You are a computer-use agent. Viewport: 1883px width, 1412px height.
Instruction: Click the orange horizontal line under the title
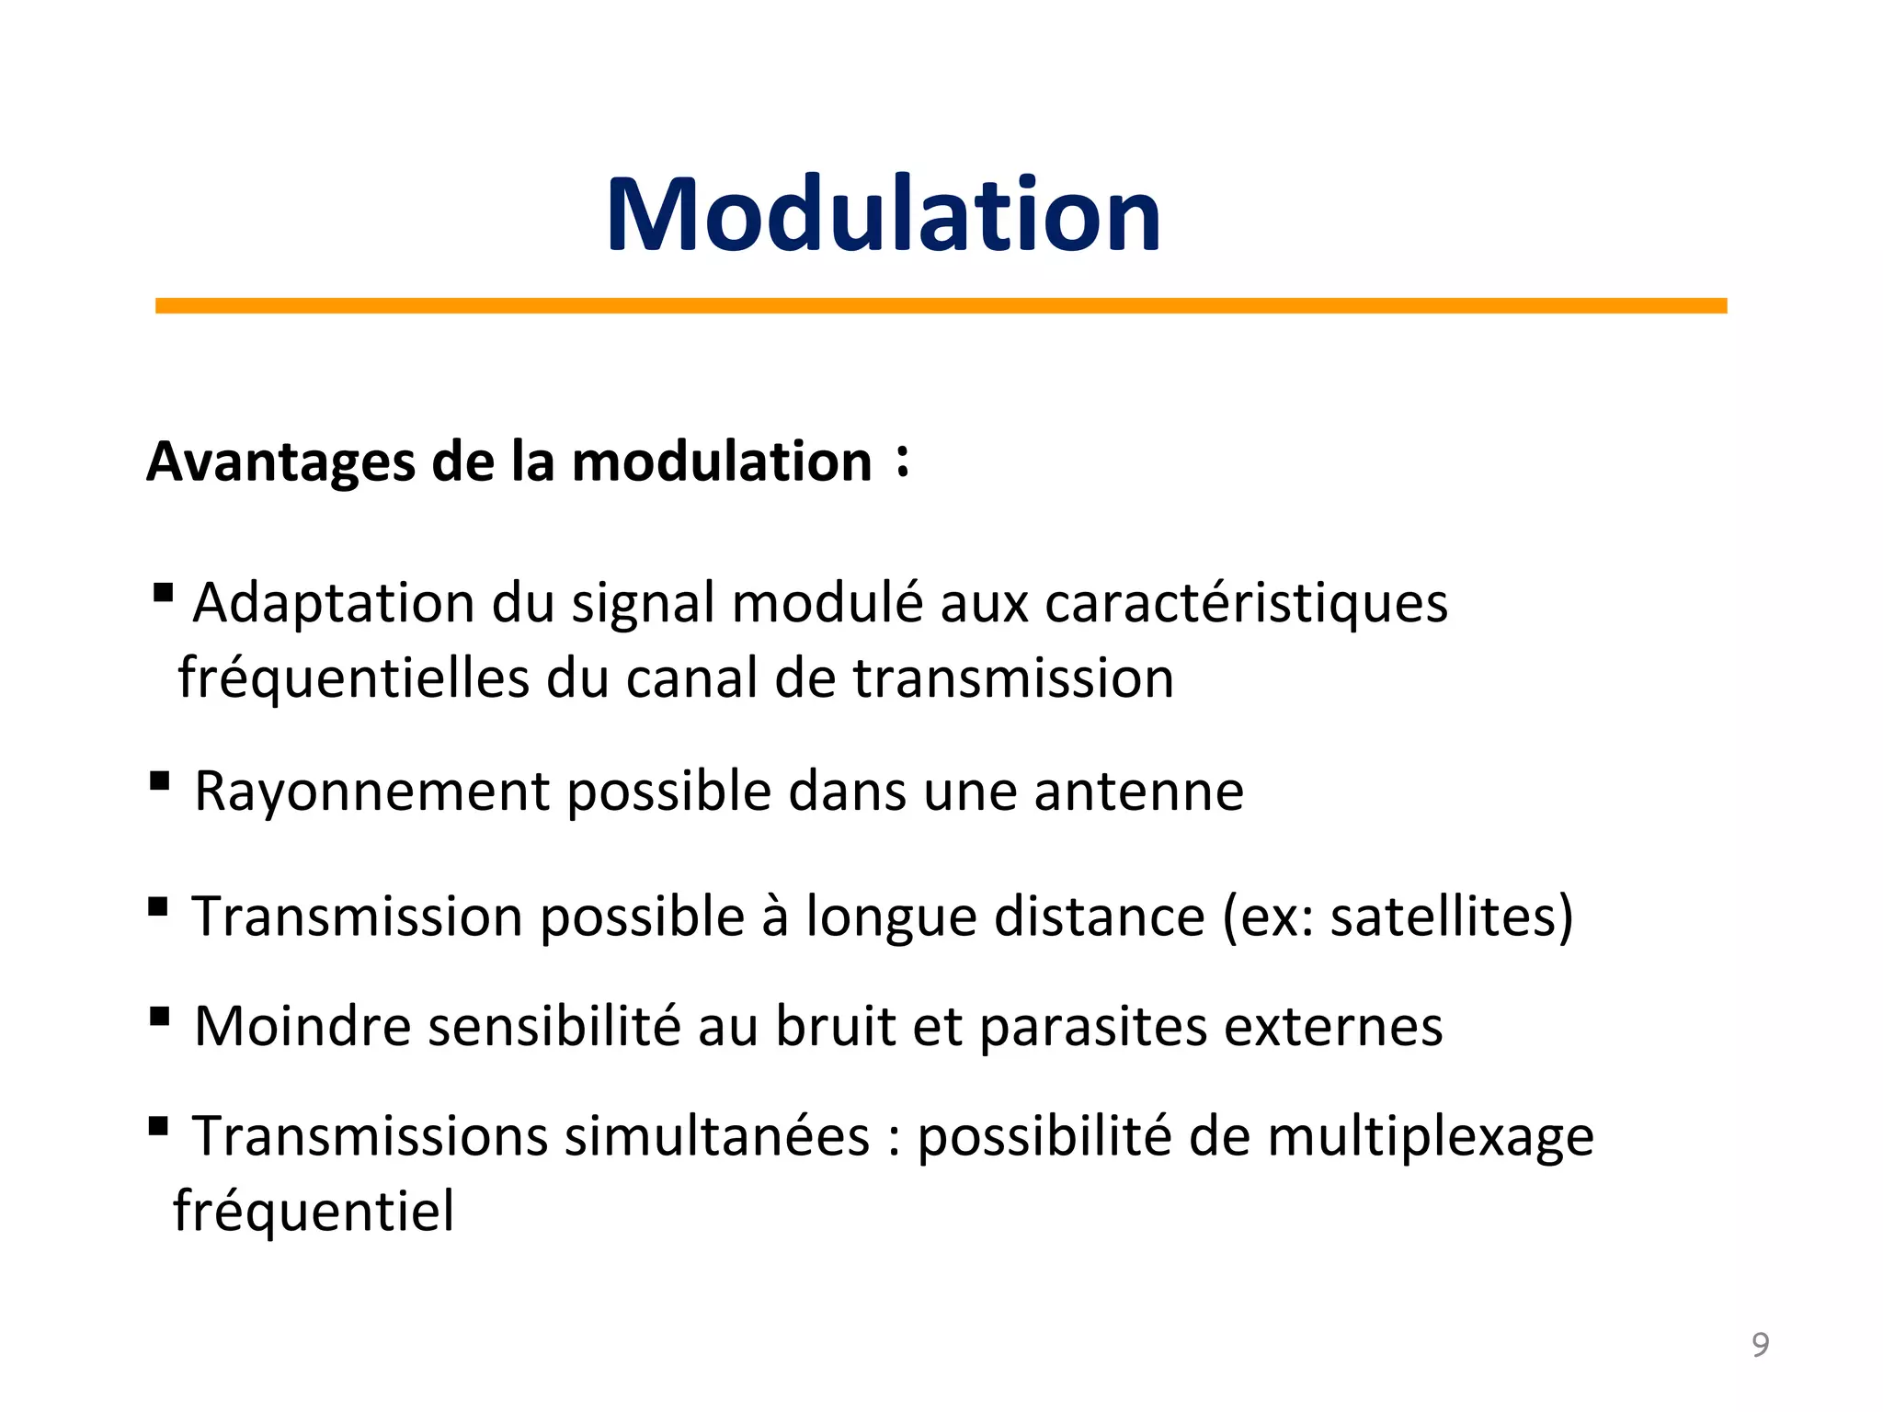pos(941,305)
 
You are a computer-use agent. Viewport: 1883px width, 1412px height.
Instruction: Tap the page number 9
pos(1760,1345)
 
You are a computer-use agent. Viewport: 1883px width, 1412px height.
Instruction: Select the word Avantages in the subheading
pos(280,461)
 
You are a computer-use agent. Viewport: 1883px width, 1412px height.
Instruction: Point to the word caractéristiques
pos(1246,604)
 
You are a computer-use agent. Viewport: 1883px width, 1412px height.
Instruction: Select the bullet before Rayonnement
pos(159,781)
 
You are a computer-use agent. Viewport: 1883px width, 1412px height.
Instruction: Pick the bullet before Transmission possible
pos(158,907)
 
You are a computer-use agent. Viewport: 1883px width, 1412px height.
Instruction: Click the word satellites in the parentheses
pos(1444,917)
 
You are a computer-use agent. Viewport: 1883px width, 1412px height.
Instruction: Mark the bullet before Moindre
pos(159,1016)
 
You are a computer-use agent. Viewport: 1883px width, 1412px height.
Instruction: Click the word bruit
pos(835,1026)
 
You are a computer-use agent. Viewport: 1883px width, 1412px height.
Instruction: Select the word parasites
pos(1093,1028)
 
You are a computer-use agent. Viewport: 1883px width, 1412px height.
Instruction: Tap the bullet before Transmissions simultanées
pos(158,1125)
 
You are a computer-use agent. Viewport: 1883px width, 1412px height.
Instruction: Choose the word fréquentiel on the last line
pos(314,1212)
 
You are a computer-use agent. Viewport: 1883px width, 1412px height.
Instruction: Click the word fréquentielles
pos(354,678)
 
